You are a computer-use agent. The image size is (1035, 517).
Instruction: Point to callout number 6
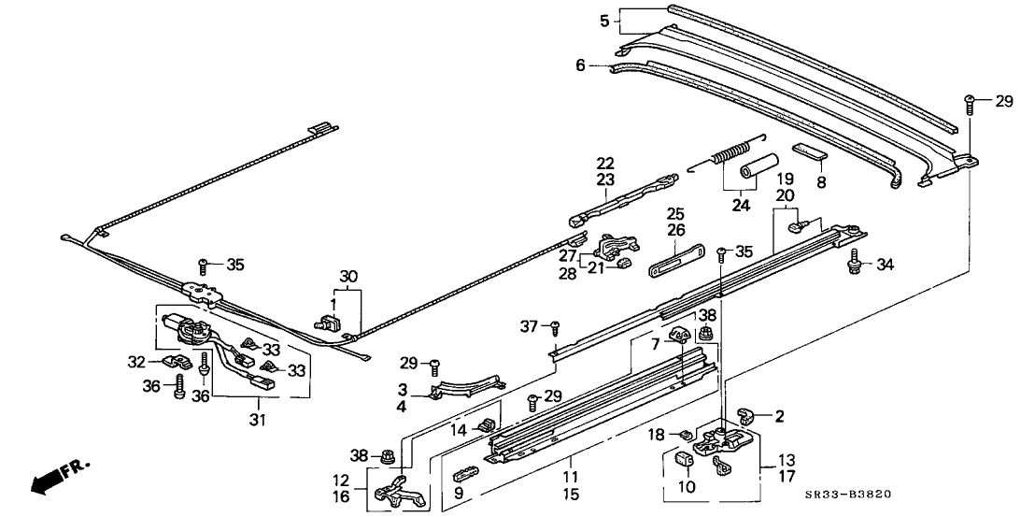tap(580, 65)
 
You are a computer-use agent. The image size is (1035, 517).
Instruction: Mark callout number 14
tap(459, 431)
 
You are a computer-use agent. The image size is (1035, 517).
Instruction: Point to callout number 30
tap(347, 276)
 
